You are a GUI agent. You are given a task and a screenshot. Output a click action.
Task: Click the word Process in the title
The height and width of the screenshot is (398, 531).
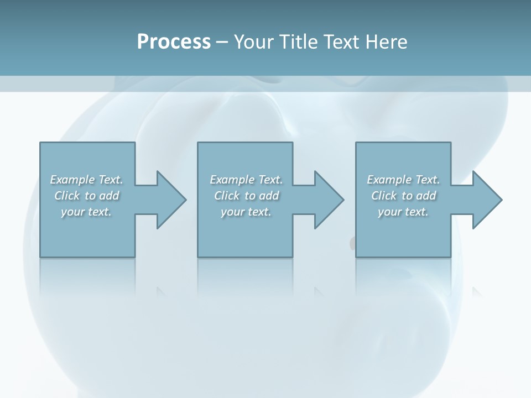(x=174, y=42)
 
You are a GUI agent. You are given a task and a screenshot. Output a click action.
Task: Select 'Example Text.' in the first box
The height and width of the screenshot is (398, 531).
(x=86, y=180)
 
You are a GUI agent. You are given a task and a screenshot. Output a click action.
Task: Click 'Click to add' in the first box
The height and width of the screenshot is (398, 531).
(x=86, y=196)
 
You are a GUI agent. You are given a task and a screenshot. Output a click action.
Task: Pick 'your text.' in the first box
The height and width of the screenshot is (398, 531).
(x=86, y=212)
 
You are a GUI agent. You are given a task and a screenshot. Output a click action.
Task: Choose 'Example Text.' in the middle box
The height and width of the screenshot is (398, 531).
(x=246, y=180)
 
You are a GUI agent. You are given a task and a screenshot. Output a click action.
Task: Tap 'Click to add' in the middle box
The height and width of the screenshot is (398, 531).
(x=246, y=196)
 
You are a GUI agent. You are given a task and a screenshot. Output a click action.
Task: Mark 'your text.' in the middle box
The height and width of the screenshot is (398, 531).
(x=246, y=212)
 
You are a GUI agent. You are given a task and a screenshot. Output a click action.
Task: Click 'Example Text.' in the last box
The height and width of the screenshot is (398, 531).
(x=403, y=180)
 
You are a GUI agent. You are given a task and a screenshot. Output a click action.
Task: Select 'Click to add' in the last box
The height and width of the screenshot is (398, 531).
(x=403, y=196)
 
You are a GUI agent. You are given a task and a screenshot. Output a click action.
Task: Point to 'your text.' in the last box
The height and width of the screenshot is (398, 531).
(x=403, y=212)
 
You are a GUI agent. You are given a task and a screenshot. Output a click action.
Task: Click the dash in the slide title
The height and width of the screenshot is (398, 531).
(x=222, y=42)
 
